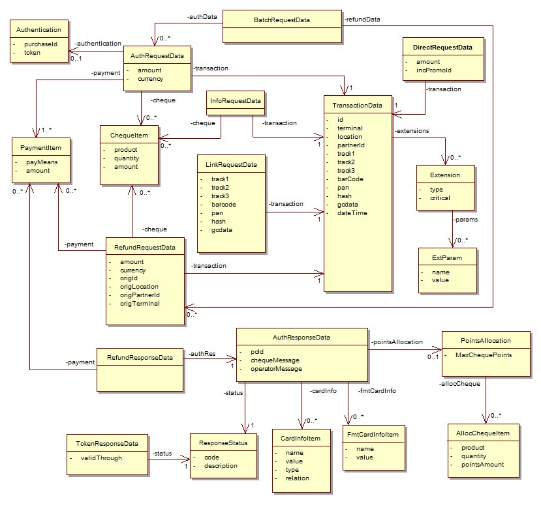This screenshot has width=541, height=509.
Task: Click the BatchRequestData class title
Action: tap(281, 20)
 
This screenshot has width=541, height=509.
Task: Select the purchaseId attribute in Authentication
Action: tap(40, 44)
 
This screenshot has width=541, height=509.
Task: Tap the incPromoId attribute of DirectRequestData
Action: tap(434, 70)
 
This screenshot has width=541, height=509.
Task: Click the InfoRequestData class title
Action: tap(236, 100)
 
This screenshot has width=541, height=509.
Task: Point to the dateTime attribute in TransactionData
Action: tap(352, 213)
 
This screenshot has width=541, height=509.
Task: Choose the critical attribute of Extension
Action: tap(440, 198)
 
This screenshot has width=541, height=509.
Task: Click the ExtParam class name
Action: tap(447, 258)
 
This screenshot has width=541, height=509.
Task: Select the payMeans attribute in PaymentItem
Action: tap(42, 162)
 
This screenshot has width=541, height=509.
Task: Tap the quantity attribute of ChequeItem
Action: tap(127, 158)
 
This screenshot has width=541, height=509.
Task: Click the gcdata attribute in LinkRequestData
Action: tap(221, 230)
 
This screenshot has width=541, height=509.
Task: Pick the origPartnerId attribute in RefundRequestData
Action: tap(140, 295)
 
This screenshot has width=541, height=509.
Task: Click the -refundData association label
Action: tap(362, 20)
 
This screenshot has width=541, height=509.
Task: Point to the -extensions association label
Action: tap(412, 131)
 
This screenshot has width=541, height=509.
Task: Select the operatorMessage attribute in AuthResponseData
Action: tap(276, 369)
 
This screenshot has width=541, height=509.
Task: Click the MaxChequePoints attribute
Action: tap(484, 355)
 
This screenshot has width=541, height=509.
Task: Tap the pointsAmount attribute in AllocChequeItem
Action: tap(482, 465)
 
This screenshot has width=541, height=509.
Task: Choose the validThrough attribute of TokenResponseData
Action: tap(101, 458)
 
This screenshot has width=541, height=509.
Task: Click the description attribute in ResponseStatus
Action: tap(221, 466)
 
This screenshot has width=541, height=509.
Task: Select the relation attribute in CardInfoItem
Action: tap(297, 478)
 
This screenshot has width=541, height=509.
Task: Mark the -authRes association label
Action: tap(202, 354)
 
